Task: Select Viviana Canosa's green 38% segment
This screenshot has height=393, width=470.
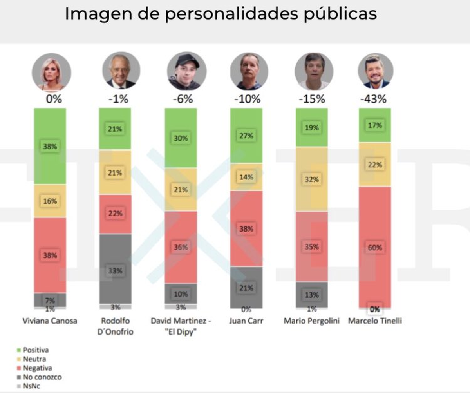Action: click(x=50, y=146)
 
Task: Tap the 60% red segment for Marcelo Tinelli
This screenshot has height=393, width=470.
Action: click(x=375, y=247)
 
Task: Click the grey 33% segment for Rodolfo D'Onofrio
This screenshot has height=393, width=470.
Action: click(x=115, y=270)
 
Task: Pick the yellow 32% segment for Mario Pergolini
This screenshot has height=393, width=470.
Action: click(x=311, y=179)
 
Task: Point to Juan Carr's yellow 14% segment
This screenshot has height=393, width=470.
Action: click(x=246, y=177)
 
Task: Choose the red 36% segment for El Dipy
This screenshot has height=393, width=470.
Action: click(x=181, y=247)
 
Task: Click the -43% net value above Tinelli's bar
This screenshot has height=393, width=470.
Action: click(x=373, y=99)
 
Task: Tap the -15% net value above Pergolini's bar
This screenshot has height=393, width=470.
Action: click(x=312, y=99)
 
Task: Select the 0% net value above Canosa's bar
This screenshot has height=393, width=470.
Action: click(x=54, y=99)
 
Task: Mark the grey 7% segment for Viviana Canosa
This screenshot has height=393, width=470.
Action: click(x=50, y=300)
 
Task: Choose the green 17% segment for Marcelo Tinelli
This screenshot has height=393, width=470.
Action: click(x=375, y=125)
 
